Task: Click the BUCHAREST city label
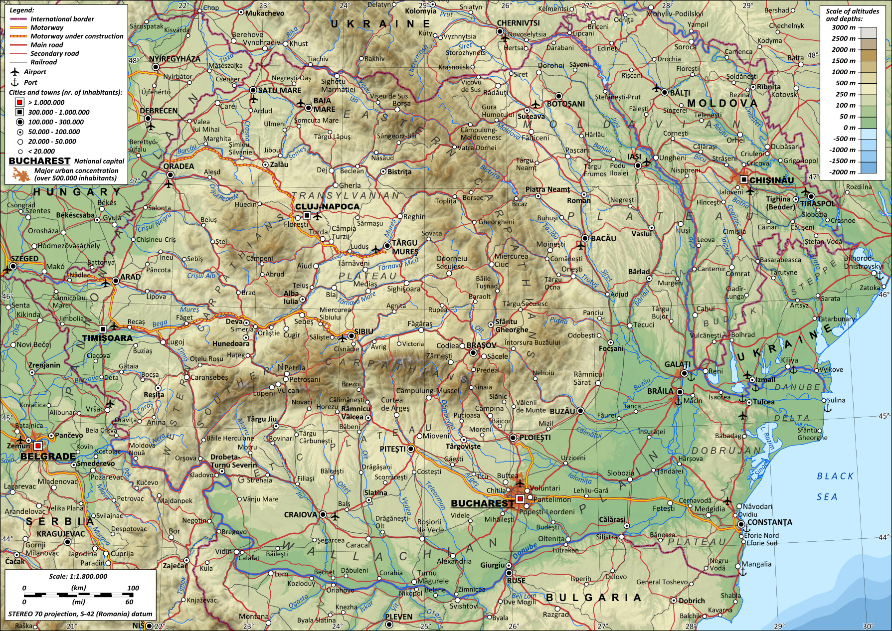[x=482, y=503]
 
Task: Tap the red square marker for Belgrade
[x=38, y=446]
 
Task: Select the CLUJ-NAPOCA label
[x=327, y=206]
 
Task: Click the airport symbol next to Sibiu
[x=343, y=338]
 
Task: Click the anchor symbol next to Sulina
[x=827, y=408]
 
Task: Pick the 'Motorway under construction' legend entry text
[x=77, y=36]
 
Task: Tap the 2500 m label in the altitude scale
[x=843, y=38]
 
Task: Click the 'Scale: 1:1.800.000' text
[x=78, y=576]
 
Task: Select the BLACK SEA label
[x=835, y=486]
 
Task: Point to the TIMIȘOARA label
[x=107, y=338]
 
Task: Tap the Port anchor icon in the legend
[x=15, y=82]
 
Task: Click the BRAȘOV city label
[x=481, y=345]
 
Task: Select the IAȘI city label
[x=634, y=157]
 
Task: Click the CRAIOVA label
[x=300, y=514]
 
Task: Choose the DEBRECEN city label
[x=158, y=111]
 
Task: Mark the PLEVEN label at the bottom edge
[x=398, y=617]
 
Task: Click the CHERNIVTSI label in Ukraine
[x=518, y=23]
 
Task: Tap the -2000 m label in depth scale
[x=842, y=172]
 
